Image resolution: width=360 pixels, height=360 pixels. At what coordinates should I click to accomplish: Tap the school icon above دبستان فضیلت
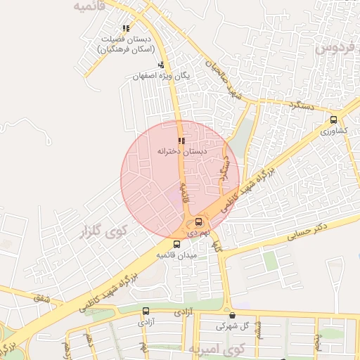126,29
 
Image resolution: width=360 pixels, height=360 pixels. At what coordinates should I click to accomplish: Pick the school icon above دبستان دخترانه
181,141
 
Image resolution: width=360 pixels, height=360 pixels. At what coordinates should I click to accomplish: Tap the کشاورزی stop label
333,131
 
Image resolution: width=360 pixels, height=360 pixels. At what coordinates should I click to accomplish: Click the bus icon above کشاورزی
333,120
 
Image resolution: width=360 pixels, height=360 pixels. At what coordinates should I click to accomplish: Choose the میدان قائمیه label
176,255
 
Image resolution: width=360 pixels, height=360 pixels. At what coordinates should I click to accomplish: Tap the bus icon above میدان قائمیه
176,244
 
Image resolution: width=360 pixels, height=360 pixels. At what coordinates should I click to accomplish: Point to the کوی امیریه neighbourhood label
214,349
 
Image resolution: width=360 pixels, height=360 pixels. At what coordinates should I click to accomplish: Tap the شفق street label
42,298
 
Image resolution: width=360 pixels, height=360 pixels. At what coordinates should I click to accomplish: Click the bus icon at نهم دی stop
199,221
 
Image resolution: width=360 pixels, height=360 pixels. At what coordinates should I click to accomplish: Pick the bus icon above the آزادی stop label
146,311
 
